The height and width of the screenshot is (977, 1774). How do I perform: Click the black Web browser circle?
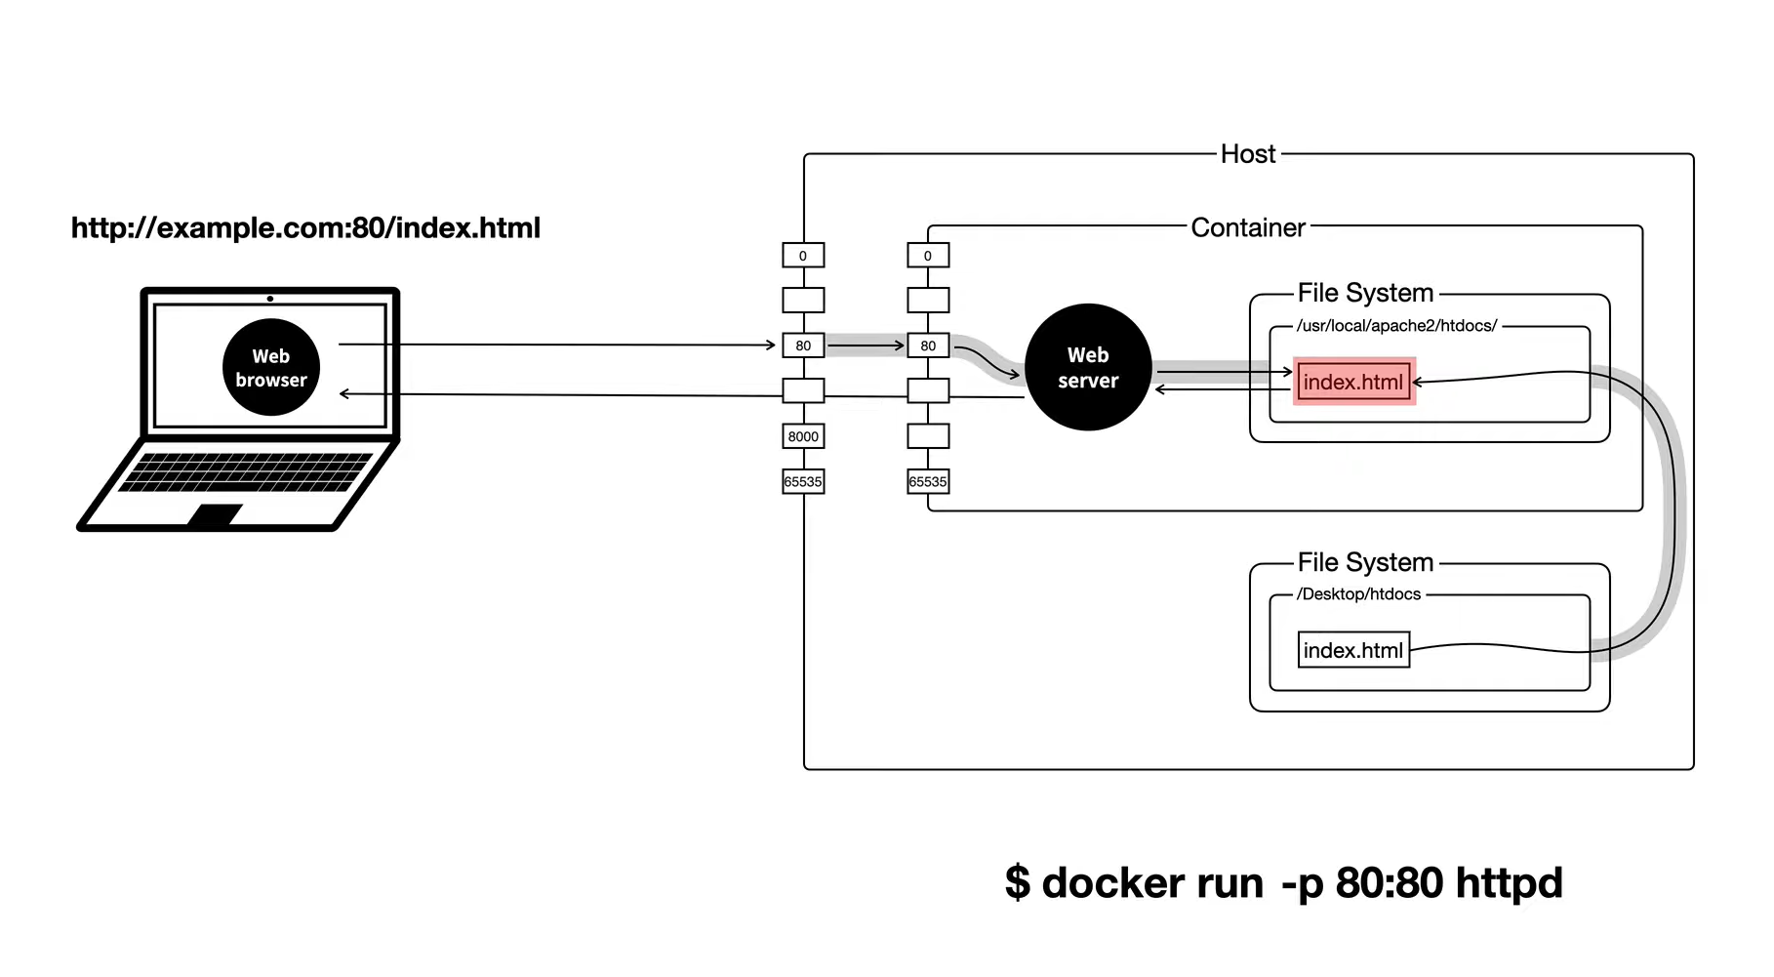coord(271,368)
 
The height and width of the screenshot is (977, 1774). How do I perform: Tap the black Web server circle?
coord(1088,368)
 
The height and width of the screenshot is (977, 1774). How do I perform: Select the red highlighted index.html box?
coord(1353,382)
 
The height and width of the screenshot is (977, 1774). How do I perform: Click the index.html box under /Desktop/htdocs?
coord(1353,650)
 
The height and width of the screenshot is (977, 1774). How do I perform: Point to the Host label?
coord(1248,154)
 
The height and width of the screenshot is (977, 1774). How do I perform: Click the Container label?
coord(1248,227)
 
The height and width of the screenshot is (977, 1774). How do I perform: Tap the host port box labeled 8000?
coord(803,436)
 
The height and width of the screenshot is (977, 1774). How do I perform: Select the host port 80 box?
coord(803,346)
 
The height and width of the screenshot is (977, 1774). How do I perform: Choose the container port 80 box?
coord(928,346)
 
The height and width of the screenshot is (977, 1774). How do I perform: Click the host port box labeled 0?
coord(803,256)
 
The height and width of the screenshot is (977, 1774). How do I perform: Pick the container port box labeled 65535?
coord(928,481)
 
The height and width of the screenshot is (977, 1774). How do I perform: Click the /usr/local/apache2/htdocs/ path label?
coord(1396,326)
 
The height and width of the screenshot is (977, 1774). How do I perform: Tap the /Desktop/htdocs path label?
coord(1359,594)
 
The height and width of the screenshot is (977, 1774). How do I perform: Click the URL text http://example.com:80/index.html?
coord(305,228)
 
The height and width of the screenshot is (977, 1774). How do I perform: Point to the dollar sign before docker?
coord(1018,883)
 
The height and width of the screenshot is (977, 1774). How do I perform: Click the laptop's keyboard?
coord(246,471)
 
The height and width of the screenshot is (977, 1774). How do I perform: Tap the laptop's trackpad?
coord(216,515)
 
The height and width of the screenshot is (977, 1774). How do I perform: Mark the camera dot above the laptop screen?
coord(270,299)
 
